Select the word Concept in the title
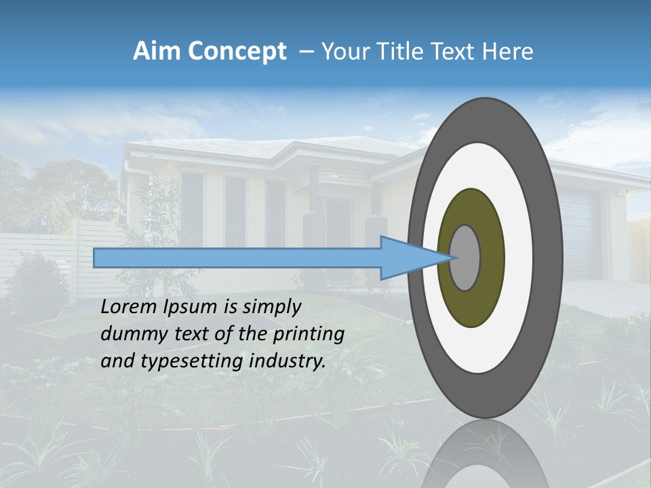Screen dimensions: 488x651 [237, 52]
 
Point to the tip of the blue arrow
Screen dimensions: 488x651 [452, 258]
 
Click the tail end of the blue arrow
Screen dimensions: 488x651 [96, 258]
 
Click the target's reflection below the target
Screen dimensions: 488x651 [486, 454]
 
